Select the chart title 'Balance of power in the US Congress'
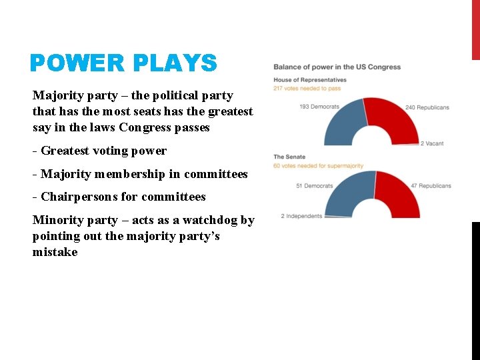337,67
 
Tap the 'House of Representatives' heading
310,80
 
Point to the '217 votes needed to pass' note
307,88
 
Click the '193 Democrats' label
319,107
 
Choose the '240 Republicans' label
427,107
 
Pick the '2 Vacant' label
432,143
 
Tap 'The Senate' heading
289,157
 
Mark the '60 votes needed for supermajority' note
318,165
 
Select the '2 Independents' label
301,216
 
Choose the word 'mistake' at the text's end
55,252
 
